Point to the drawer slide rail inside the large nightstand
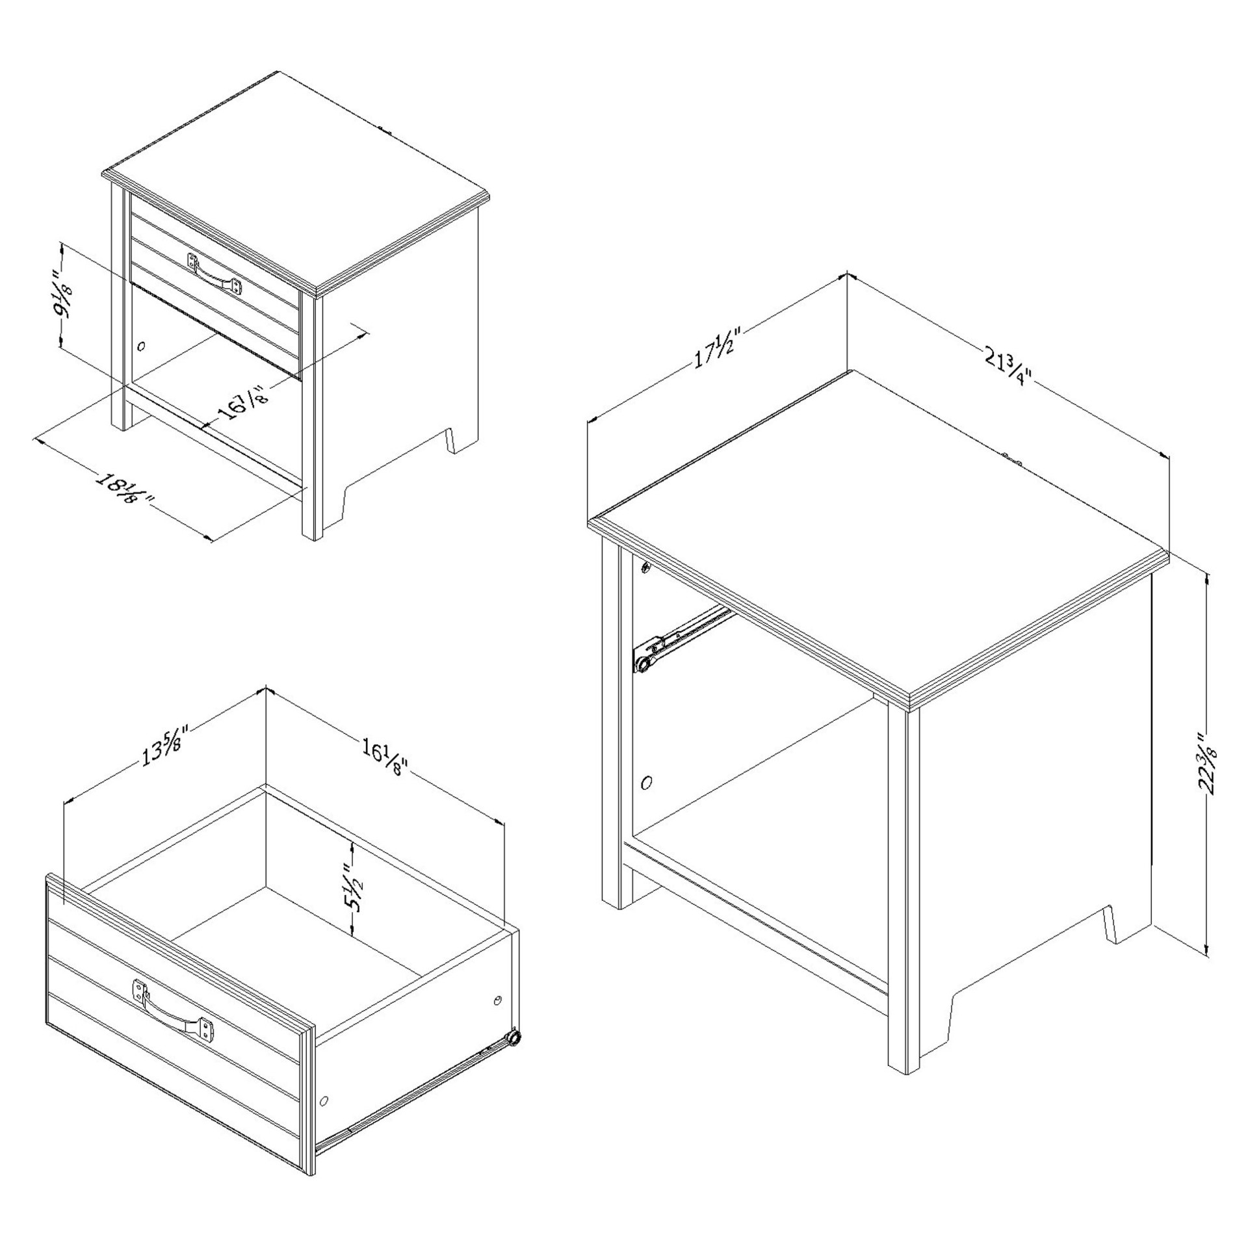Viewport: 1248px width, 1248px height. point(684,638)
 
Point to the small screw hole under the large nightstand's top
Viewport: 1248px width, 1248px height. point(645,568)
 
